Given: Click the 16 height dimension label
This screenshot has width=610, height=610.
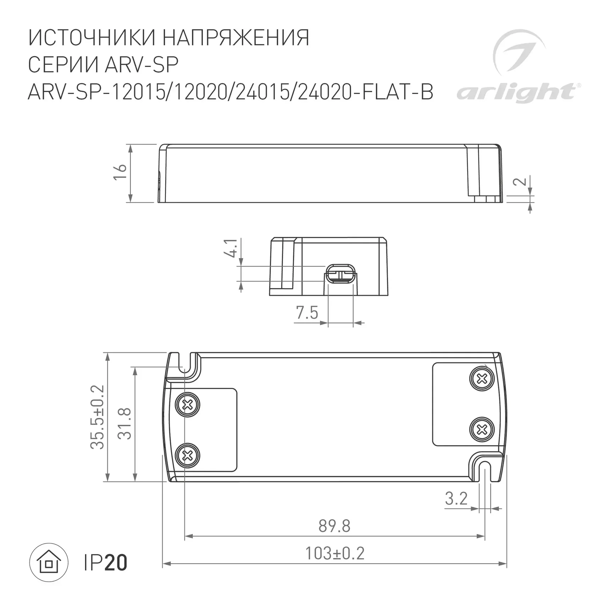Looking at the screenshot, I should click(120, 172).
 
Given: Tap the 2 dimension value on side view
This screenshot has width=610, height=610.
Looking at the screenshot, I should click(520, 181).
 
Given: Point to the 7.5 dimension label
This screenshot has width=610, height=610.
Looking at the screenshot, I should click(307, 313).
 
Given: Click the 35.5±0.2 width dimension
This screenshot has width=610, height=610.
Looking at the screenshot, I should click(98, 417).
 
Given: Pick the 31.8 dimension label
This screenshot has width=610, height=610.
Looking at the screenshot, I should click(125, 423).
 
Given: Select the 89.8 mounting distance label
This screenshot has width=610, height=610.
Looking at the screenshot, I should click(334, 526).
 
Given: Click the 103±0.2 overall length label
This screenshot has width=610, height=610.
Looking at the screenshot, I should click(334, 553).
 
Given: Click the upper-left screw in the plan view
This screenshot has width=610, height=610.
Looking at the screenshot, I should click(188, 404).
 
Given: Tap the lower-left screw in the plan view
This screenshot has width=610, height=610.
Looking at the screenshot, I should click(188, 455).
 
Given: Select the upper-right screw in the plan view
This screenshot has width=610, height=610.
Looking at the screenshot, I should click(482, 379).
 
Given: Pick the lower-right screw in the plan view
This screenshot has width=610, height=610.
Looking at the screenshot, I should click(482, 430).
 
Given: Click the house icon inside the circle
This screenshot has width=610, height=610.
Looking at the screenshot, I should click(49, 562).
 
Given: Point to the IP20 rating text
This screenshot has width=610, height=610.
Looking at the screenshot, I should click(105, 563).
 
